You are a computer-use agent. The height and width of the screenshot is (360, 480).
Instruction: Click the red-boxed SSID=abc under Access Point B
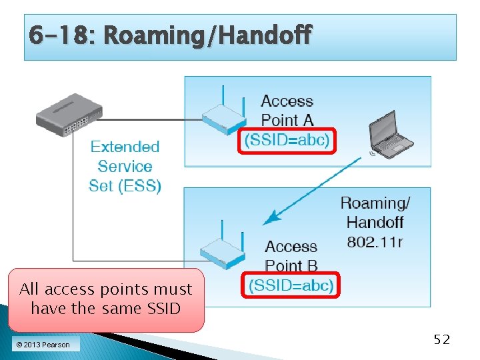coord(291,285)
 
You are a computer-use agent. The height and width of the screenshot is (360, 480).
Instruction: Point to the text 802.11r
coord(375,241)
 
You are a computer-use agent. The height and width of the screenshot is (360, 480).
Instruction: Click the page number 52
coord(442,340)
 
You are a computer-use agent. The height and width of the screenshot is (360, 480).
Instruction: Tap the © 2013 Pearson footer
coord(43,345)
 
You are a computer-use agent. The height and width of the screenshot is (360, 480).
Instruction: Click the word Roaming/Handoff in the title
coord(207,35)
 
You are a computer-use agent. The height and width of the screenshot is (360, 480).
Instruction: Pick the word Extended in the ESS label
coord(125,147)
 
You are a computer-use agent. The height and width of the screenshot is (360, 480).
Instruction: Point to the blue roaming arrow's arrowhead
coord(268,219)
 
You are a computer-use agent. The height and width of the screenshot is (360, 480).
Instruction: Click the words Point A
coord(287,121)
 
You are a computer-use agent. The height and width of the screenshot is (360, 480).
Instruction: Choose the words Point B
coord(291,265)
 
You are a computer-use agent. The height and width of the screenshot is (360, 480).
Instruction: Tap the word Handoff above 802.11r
coord(375,222)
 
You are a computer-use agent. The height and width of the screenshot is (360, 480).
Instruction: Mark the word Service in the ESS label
coord(125,166)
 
